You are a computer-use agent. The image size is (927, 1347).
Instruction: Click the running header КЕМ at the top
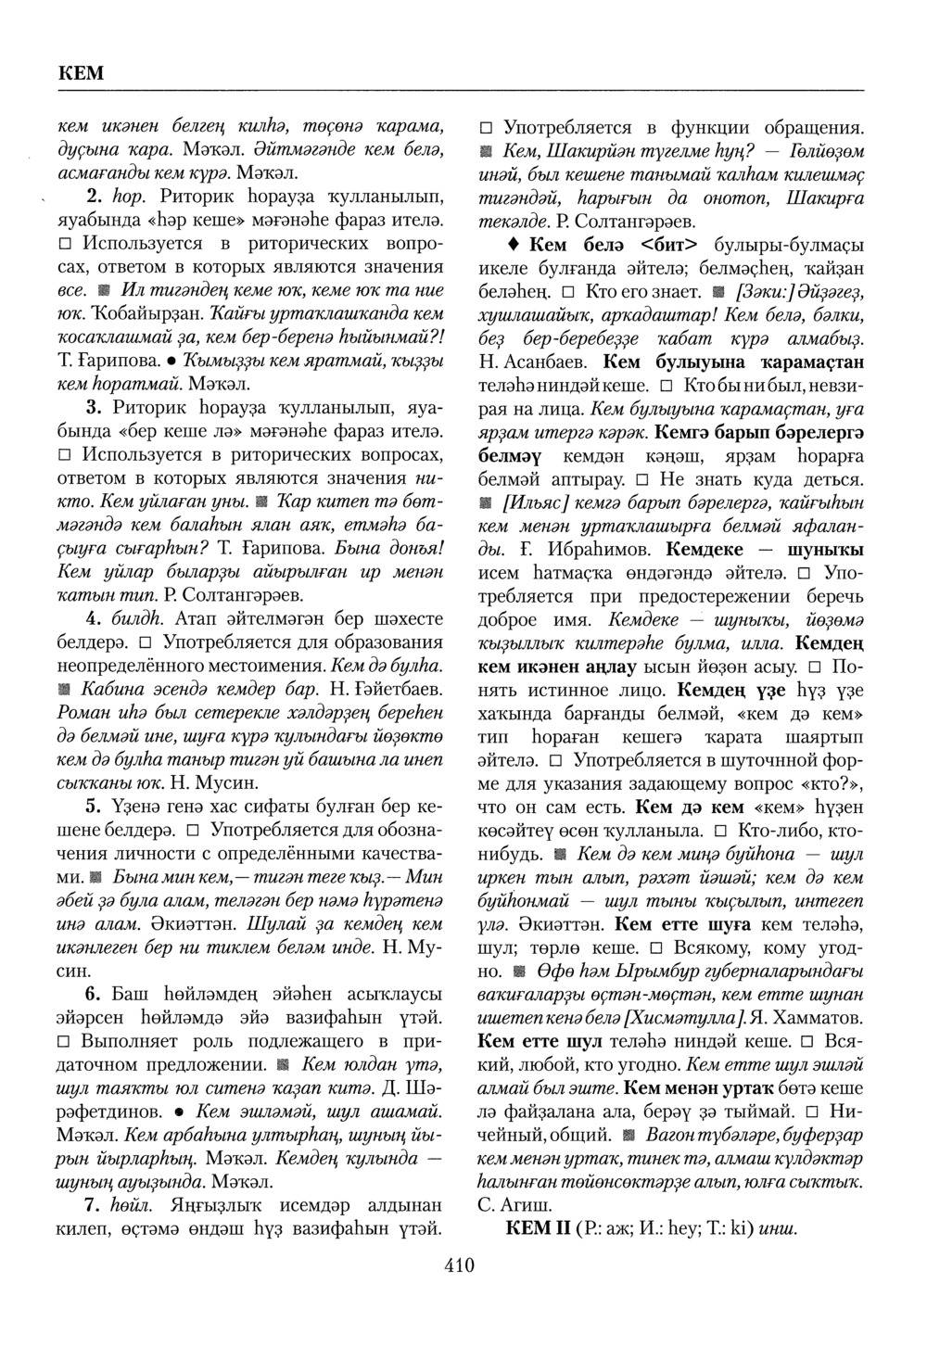pos(82,73)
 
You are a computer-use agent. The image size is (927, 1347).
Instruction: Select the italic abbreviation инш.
pos(778,1229)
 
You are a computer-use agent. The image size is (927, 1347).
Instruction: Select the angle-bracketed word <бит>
pos(672,245)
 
